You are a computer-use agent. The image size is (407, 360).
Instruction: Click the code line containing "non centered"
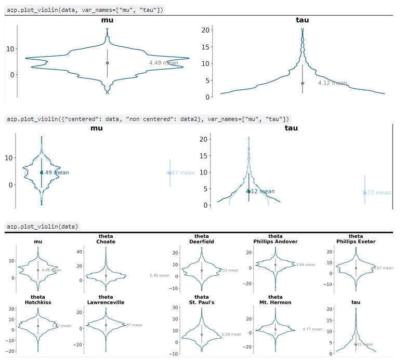point(148,119)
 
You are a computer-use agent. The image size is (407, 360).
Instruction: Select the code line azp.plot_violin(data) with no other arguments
point(43,226)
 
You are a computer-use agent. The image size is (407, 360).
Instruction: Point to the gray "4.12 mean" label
point(332,83)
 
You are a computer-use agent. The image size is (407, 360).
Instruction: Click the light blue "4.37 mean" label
point(181,173)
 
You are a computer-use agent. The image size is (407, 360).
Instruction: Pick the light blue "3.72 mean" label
point(377,192)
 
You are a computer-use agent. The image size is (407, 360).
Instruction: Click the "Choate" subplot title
point(106,242)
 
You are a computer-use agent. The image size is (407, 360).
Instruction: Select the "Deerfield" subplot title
point(202,242)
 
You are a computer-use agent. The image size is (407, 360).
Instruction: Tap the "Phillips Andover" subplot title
point(275,242)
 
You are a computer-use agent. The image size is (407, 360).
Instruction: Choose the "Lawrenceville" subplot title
point(106,302)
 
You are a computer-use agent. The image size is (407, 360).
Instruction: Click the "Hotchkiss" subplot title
point(37,302)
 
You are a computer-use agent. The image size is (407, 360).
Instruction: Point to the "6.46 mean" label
point(159,275)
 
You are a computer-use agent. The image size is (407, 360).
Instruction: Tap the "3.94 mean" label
point(305,264)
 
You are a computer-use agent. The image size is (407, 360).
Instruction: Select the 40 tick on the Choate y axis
point(80,251)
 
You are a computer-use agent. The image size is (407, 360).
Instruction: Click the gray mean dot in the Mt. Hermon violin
point(275,329)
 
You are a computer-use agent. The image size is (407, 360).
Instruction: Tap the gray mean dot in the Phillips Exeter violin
point(356,268)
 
